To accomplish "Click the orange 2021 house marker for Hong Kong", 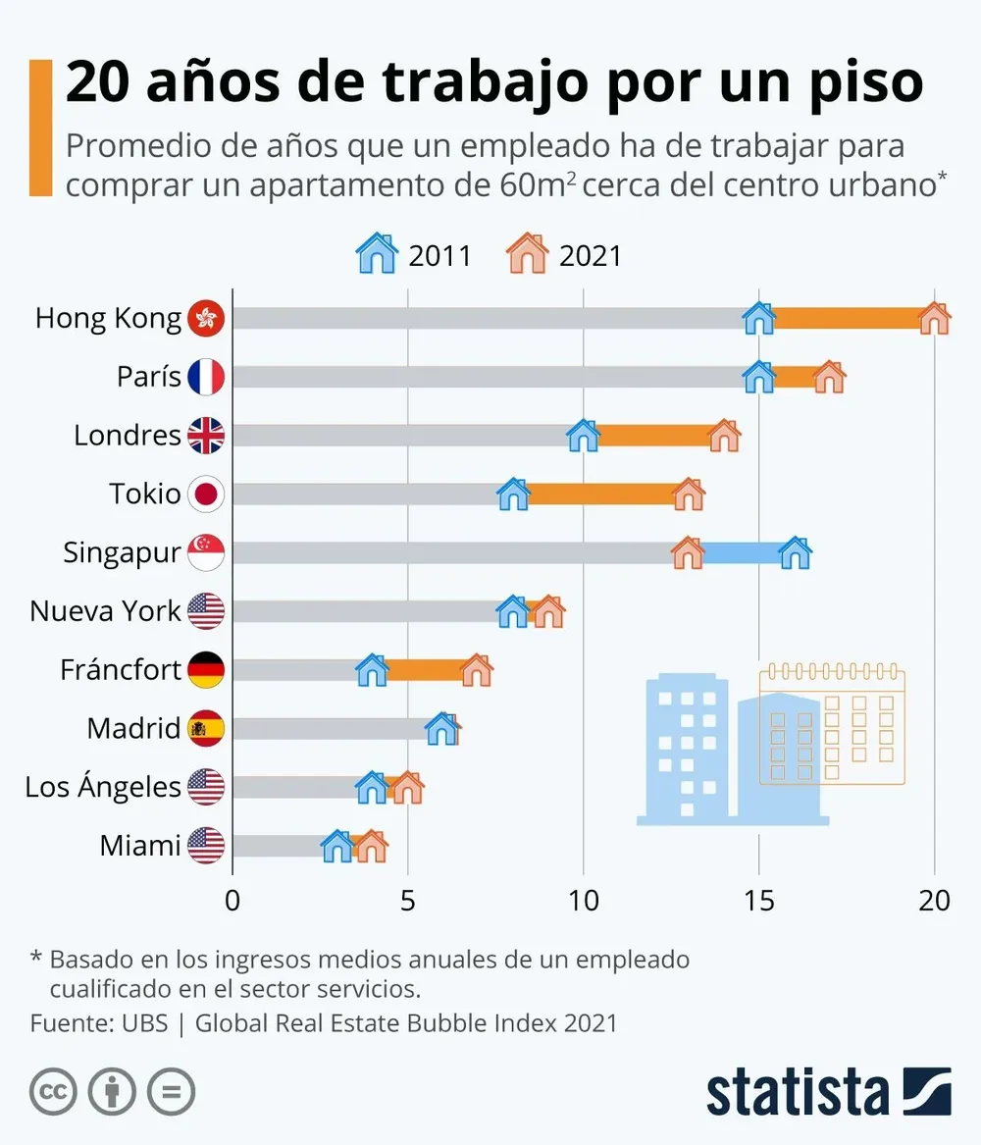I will click(x=934, y=318).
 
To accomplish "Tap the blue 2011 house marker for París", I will click(x=758, y=377).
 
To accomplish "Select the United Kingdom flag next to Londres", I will click(x=206, y=436).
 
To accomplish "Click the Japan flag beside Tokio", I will click(x=206, y=494).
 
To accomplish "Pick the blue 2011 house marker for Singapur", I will click(x=795, y=552).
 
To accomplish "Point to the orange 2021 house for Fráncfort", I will click(x=477, y=670).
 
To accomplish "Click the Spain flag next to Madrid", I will click(x=206, y=728).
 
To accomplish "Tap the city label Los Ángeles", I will click(x=103, y=787).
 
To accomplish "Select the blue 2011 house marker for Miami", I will click(x=336, y=846).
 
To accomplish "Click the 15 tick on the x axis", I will click(x=758, y=900).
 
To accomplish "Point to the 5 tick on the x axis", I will click(x=407, y=900).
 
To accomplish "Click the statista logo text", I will click(x=797, y=1092).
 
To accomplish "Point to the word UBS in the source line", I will click(x=145, y=1022).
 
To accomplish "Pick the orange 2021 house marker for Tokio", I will click(x=689, y=494).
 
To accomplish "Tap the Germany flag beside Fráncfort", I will click(x=206, y=670).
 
